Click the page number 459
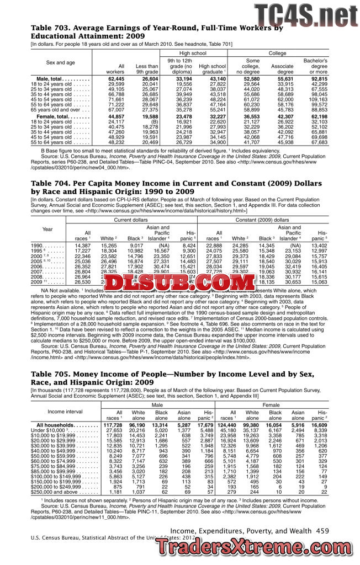[322, 530]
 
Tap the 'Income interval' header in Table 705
[65, 412]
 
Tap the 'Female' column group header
[272, 405]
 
